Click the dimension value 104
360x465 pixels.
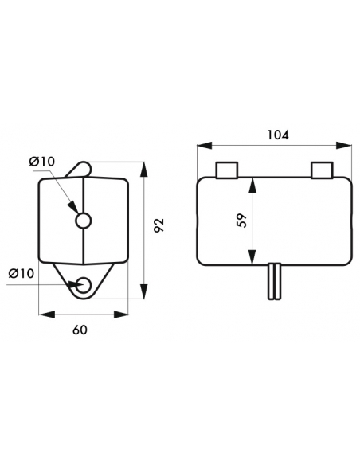point(277,135)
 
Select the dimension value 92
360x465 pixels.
point(159,225)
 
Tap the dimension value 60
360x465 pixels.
point(80,330)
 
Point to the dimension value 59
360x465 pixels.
point(242,220)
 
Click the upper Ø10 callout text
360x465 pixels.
point(42,162)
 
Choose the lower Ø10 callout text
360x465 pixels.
point(22,273)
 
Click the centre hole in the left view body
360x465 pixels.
point(84,221)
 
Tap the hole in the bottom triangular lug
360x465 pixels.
point(83,285)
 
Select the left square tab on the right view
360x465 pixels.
point(227,170)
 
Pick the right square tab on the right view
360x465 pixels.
point(322,170)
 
